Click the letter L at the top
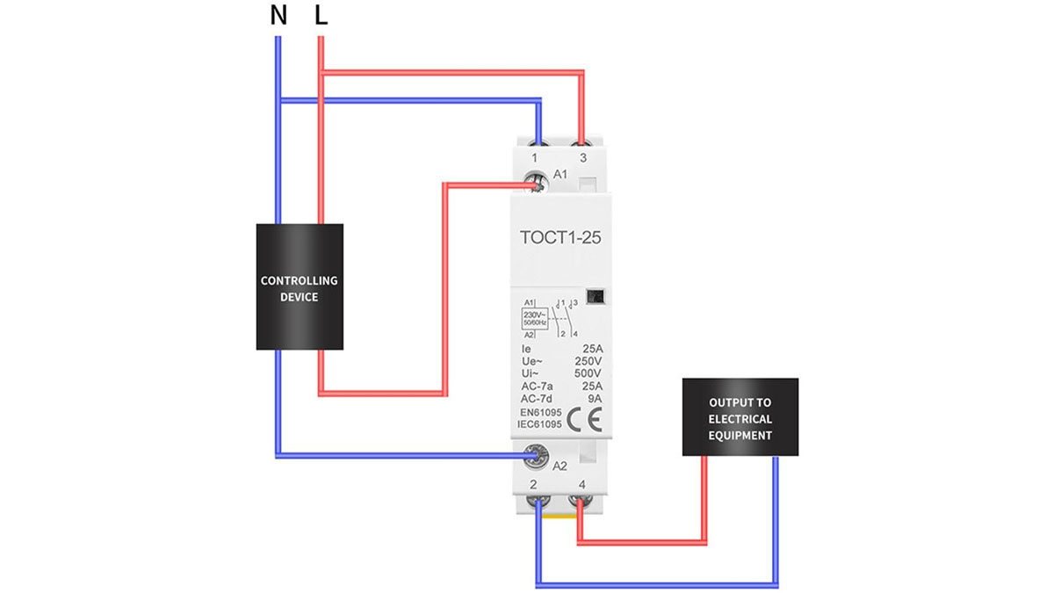(321, 17)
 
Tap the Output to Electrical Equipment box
(740, 417)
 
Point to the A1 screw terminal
(534, 182)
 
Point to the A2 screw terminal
(534, 454)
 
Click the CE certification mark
(582, 416)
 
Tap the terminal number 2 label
(535, 484)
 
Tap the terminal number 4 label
(581, 484)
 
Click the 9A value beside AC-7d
(595, 398)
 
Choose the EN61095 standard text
(540, 411)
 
